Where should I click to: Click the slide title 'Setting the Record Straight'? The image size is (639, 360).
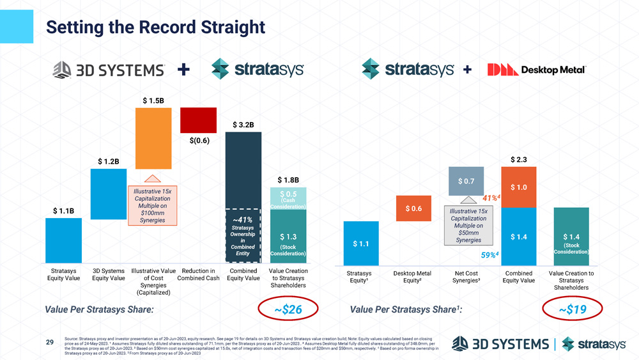coord(155,27)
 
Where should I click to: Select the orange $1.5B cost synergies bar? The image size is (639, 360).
coord(153,137)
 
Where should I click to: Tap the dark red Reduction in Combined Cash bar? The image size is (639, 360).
coord(198,119)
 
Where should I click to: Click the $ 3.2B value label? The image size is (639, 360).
coord(243,124)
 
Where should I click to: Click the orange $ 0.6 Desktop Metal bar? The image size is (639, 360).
coord(413,208)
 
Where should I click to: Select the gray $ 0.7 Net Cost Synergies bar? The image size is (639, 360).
coord(466,181)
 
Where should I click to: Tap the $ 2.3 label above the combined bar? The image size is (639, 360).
coord(518,159)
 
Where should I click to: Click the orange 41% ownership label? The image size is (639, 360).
coord(491,198)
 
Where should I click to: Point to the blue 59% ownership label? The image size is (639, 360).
coord(489,255)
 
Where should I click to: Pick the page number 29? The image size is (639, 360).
coord(49,342)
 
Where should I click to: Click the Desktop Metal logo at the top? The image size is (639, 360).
coord(536,70)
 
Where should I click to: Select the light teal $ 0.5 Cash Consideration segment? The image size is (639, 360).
coord(288,198)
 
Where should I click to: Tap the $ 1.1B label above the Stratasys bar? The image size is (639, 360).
coord(63,210)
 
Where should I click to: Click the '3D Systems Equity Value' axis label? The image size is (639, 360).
coord(109,274)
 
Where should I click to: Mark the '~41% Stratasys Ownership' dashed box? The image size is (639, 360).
coord(243,235)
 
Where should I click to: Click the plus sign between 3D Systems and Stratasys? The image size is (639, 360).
coord(184,69)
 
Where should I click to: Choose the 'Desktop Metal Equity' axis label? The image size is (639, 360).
coord(413,277)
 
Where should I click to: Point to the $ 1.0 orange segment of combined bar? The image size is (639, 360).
coord(518,187)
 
